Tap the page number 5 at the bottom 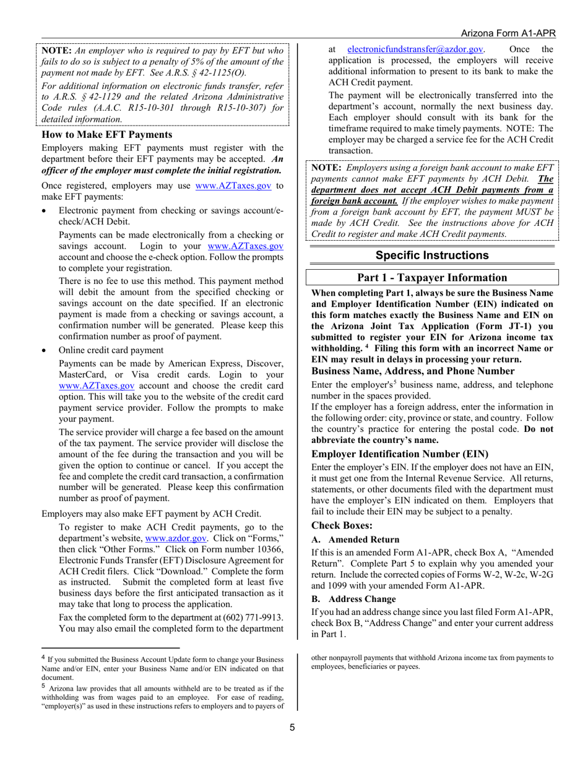[x=293, y=727]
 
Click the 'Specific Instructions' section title [x=431, y=255]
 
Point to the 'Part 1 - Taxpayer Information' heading [x=432, y=278]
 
